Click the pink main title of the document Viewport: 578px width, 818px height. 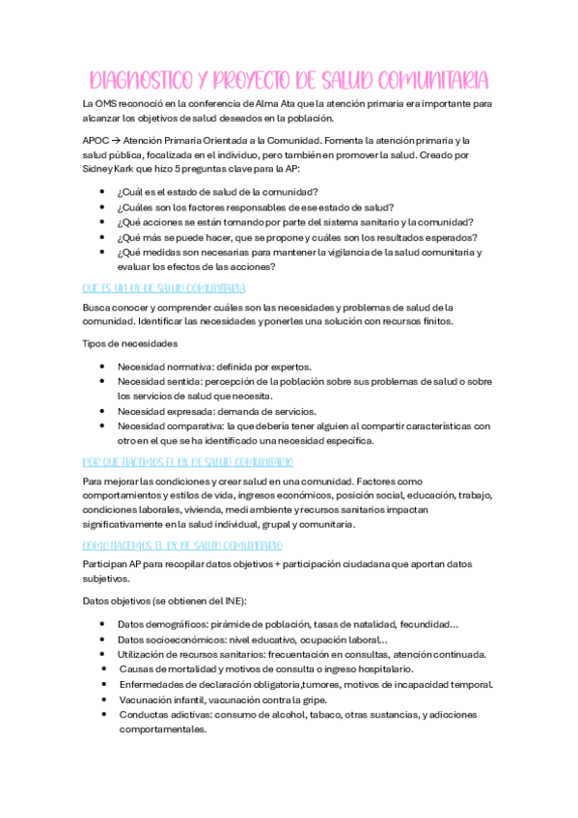pyautogui.click(x=289, y=78)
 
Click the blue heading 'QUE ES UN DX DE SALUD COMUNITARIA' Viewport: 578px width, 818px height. pyautogui.click(x=164, y=287)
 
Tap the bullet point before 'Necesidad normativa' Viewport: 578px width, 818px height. pyautogui.click(x=102, y=368)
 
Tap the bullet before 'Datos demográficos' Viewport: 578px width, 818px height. pyautogui.click(x=102, y=625)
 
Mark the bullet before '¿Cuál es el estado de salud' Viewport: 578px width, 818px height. pyautogui.click(x=102, y=192)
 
